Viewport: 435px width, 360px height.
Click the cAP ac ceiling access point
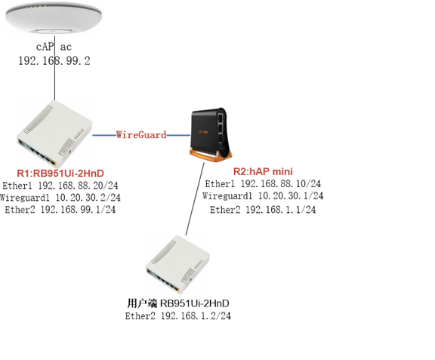(x=54, y=18)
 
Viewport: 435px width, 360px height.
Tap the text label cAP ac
(x=54, y=47)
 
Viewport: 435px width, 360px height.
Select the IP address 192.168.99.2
(x=54, y=60)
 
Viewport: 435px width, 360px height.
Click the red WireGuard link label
(x=141, y=135)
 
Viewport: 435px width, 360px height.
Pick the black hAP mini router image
(x=211, y=134)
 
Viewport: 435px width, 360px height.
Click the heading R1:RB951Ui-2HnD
(x=60, y=174)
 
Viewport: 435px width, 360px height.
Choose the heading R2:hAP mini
(x=263, y=171)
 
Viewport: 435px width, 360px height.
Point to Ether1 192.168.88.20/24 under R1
(x=60, y=185)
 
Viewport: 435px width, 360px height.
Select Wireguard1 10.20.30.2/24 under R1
(x=60, y=198)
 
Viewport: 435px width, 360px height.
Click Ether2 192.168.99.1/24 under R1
(x=60, y=209)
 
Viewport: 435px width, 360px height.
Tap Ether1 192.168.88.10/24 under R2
(x=263, y=183)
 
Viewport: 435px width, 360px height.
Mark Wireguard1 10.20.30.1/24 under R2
(x=263, y=195)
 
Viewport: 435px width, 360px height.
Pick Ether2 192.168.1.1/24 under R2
(x=263, y=209)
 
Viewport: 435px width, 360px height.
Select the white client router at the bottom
(x=178, y=264)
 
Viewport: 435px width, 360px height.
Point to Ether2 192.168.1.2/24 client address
(x=178, y=315)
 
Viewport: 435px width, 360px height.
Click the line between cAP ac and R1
(x=54, y=68)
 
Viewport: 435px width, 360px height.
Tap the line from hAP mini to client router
(x=195, y=198)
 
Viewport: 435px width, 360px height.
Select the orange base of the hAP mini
(x=211, y=155)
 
